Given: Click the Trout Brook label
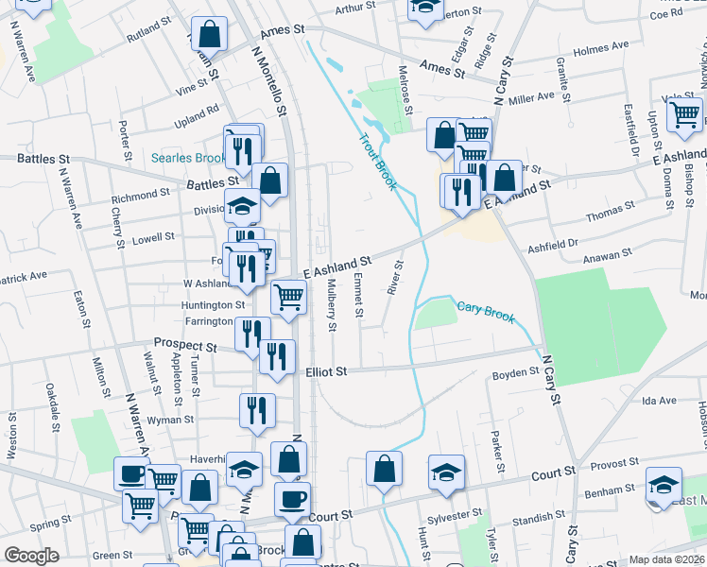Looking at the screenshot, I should tap(376, 162).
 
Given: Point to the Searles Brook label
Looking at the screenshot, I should tap(188, 158).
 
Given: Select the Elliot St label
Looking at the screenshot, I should tap(327, 371).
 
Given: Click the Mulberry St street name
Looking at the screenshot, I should tap(332, 305).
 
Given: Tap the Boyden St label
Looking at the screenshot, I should tap(515, 374).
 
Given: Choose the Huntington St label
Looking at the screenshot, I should tap(214, 305).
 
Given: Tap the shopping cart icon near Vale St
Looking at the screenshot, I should tap(684, 116).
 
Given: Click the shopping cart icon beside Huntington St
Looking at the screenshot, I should tap(289, 297).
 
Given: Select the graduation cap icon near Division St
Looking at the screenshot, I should tap(242, 204).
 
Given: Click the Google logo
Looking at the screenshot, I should tap(32, 556).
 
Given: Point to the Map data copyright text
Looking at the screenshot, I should tap(666, 559).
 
